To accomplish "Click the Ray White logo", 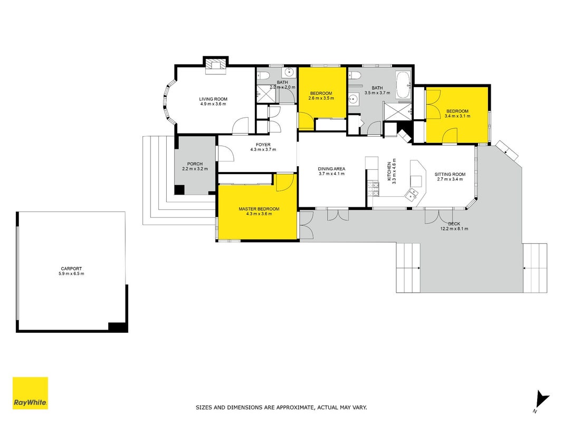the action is point(30,393).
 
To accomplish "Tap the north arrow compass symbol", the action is point(541,401).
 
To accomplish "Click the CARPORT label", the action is point(71,268).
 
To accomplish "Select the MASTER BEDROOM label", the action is point(259,209).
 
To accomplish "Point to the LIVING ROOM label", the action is point(213,99).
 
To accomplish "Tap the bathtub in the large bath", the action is point(403,85).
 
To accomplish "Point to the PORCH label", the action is point(195,164).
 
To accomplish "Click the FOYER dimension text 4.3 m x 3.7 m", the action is point(263,150).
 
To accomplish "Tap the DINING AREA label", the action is point(331,169).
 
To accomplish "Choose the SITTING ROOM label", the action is point(450,175).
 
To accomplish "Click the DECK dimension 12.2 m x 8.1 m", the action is point(454,228).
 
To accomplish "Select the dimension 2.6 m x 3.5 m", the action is point(321,98).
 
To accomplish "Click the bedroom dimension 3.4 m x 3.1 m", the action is point(457,116).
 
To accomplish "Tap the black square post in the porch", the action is point(179,190).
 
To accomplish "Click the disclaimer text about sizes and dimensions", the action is point(281,407).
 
